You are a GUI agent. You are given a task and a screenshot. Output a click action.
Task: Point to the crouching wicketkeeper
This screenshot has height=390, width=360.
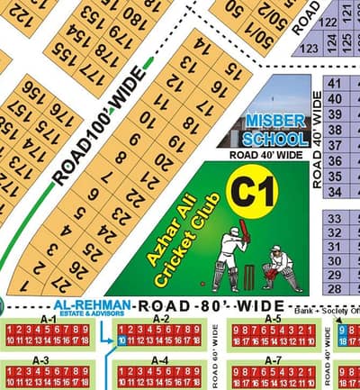280,264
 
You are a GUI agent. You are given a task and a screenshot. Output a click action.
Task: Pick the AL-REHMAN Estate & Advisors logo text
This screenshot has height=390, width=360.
90,307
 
